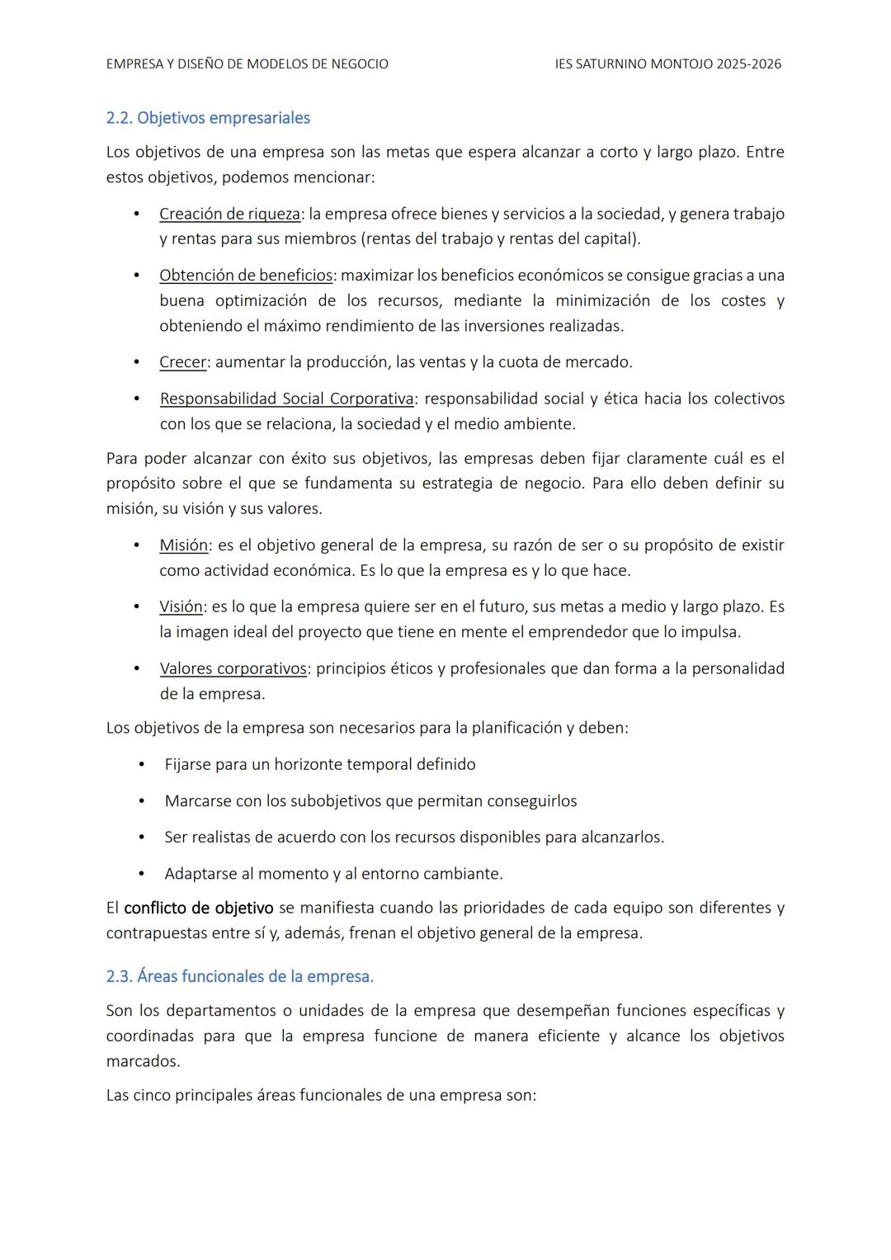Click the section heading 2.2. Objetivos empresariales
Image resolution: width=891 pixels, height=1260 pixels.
(208, 118)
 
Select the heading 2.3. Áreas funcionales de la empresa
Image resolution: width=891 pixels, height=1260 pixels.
(239, 976)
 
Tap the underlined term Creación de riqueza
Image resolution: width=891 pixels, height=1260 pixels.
(229, 214)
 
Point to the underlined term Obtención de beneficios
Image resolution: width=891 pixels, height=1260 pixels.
(246, 275)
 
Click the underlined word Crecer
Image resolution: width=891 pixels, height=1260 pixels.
(182, 361)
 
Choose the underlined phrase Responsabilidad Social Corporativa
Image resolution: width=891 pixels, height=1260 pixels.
(286, 399)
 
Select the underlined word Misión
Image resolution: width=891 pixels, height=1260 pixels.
(183, 545)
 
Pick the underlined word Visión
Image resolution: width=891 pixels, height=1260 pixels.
(181, 606)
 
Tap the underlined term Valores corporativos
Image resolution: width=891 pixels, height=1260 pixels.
(233, 668)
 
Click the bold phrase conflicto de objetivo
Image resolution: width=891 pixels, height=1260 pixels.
(198, 908)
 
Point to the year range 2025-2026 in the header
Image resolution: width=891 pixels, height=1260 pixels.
(749, 64)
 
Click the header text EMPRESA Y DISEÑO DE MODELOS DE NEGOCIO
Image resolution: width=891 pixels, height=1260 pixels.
(247, 64)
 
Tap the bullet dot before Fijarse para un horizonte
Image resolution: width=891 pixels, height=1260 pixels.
(141, 764)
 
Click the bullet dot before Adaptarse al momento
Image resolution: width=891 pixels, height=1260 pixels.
(141, 873)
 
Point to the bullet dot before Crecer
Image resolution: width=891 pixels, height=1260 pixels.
(136, 361)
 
